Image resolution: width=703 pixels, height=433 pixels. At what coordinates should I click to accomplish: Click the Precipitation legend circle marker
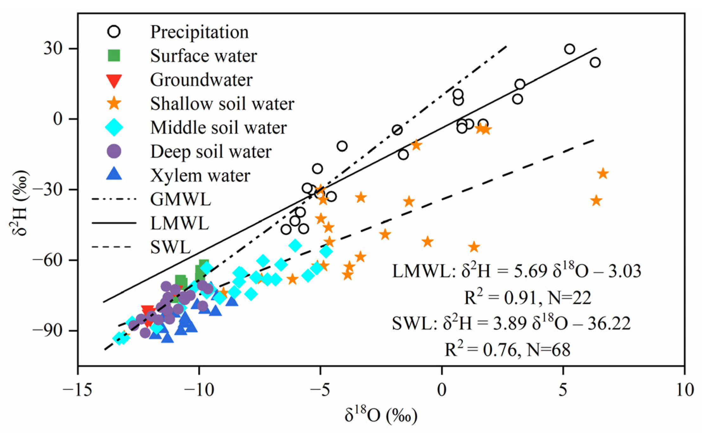114,32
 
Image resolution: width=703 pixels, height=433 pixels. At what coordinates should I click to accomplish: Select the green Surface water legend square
114,55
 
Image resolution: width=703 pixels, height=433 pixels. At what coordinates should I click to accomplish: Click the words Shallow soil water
222,104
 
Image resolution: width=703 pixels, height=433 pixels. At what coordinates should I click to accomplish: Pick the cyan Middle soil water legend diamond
114,127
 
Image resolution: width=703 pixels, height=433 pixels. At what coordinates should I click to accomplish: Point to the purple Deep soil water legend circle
114,151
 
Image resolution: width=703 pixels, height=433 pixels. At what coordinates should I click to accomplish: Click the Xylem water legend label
200,175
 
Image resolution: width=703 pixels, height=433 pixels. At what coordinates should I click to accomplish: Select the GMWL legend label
180,199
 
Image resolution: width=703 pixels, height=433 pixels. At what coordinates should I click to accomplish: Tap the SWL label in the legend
171,247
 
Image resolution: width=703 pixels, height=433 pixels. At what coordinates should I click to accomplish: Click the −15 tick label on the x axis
77,390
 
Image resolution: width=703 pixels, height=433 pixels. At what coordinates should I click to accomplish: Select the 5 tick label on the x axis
563,390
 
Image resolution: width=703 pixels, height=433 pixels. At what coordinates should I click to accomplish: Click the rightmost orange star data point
603,174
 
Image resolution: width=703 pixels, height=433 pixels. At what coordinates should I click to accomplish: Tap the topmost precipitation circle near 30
570,49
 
